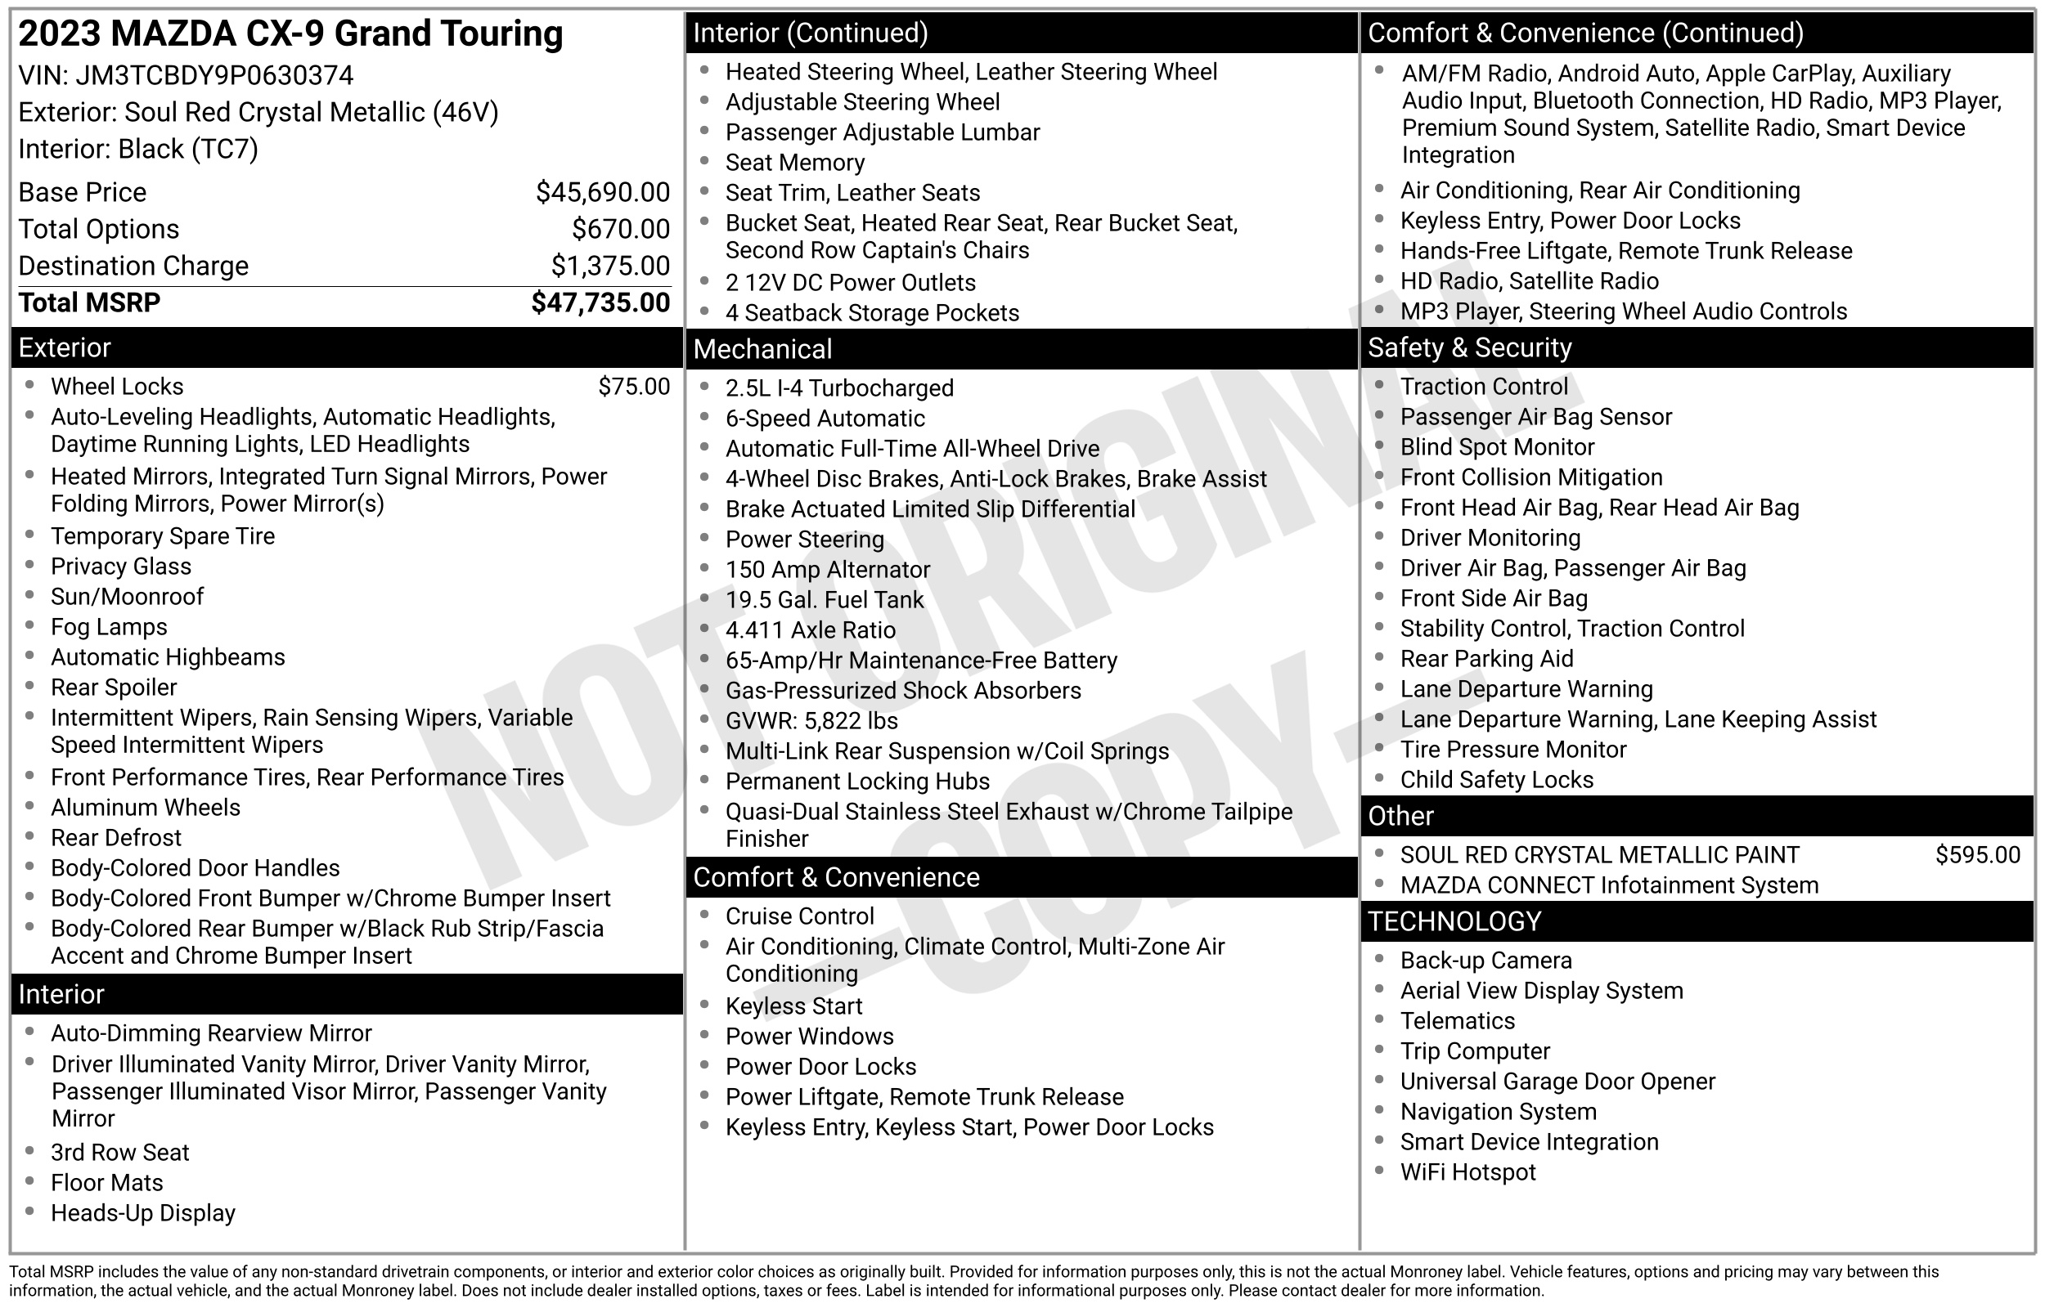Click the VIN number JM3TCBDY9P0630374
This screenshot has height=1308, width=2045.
coord(214,75)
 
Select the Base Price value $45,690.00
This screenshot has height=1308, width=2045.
coord(602,193)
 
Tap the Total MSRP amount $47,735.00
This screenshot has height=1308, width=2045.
coord(600,303)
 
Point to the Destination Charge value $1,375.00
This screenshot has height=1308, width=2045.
coord(610,266)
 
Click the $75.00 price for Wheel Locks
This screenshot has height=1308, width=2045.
coord(634,387)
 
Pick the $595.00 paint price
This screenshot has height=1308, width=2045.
coord(1977,854)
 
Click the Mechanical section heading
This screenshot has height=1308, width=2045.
coord(763,349)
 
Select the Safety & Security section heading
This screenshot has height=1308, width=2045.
coord(1470,347)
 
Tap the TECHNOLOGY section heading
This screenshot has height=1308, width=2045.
coord(1454,921)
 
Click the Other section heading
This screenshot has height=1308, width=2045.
coord(1401,816)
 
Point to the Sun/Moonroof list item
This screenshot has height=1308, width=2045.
coord(128,596)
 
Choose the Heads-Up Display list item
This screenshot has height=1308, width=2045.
coord(142,1213)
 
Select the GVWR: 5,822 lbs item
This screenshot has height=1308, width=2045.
coord(811,720)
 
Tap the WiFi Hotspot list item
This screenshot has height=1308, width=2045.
coord(1468,1172)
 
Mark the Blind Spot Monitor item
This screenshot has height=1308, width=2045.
coord(1497,446)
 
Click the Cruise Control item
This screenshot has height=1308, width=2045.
coord(799,916)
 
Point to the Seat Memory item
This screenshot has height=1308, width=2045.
coord(795,162)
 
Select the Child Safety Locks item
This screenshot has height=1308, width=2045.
coord(1497,780)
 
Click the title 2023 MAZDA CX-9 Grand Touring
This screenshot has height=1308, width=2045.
coord(290,34)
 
